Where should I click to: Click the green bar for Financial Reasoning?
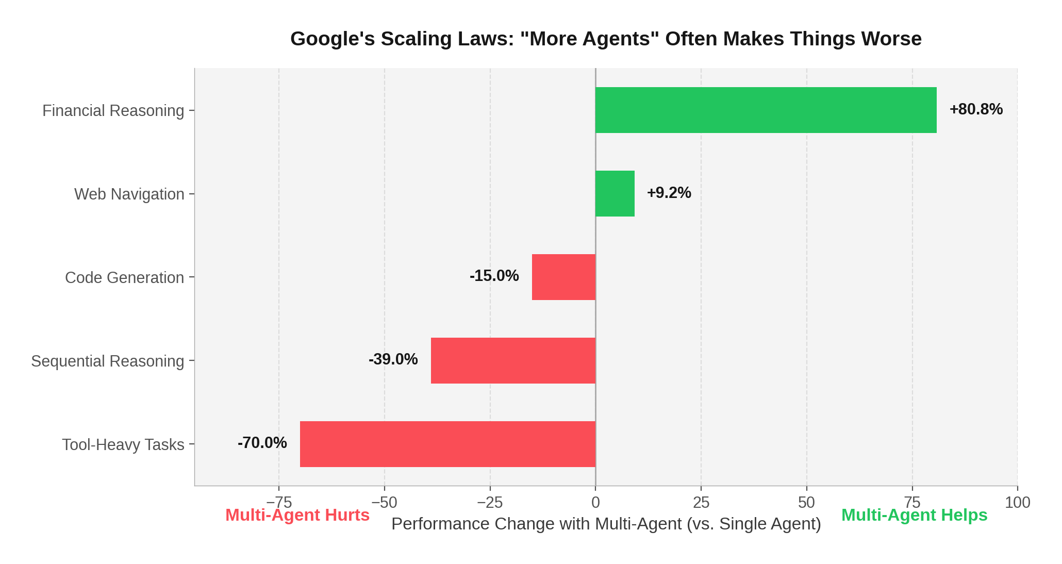(x=766, y=110)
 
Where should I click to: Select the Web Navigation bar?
(x=615, y=193)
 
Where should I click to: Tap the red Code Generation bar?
(x=563, y=277)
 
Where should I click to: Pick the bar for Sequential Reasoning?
(x=513, y=360)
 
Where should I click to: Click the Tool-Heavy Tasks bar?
(x=447, y=444)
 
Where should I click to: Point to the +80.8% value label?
(x=976, y=109)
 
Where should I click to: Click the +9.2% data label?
(x=669, y=193)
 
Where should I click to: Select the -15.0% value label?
(x=494, y=276)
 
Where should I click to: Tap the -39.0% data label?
(x=393, y=359)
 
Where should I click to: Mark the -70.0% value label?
(x=262, y=443)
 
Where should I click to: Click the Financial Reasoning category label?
(x=113, y=111)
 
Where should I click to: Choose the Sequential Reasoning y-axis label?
(x=107, y=361)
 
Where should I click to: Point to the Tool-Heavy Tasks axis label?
(x=123, y=445)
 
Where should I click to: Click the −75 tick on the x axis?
(x=279, y=502)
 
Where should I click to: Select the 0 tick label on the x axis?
(x=595, y=502)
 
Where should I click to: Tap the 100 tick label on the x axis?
(x=1017, y=502)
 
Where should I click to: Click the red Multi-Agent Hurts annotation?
(x=297, y=515)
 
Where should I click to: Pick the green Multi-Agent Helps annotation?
(x=914, y=515)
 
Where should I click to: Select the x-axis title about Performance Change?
(x=606, y=524)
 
